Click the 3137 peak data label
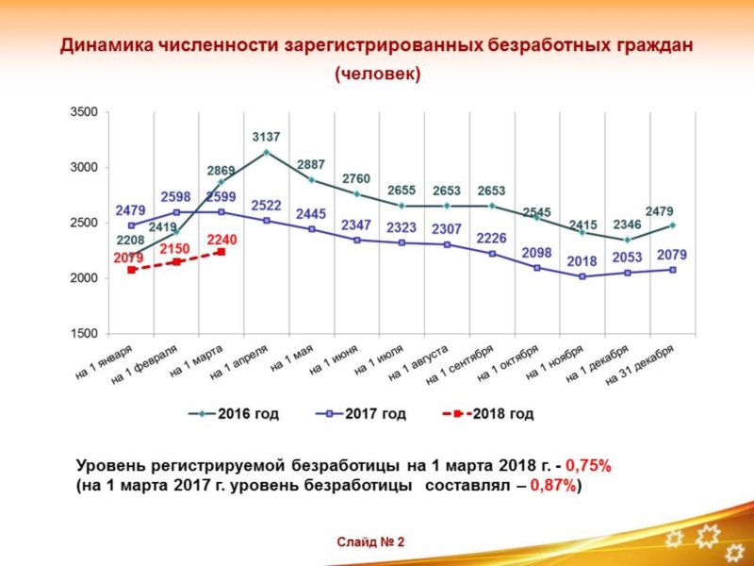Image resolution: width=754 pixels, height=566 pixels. pyautogui.click(x=266, y=138)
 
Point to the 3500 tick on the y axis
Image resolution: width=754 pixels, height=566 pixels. pyautogui.click(x=84, y=112)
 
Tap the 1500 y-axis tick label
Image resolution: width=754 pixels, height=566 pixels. pyautogui.click(x=84, y=334)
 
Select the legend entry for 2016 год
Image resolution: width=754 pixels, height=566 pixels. pyautogui.click(x=235, y=414)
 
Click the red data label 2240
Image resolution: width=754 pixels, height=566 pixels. pyautogui.click(x=221, y=240)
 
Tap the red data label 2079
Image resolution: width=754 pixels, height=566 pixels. pyautogui.click(x=128, y=258)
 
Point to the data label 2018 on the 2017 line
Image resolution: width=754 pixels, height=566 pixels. pyautogui.click(x=582, y=261)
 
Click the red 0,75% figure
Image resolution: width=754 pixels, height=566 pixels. pyautogui.click(x=588, y=465)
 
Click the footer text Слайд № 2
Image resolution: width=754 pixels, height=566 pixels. pyautogui.click(x=370, y=541)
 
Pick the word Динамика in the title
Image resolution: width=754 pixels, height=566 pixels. pyautogui.click(x=103, y=44)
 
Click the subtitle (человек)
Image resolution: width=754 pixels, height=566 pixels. pyautogui.click(x=377, y=74)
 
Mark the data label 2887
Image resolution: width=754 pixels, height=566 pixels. pyautogui.click(x=311, y=164)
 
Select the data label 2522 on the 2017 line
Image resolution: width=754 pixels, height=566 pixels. pyautogui.click(x=266, y=205)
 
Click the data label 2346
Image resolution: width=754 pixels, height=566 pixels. pyautogui.click(x=627, y=225)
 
